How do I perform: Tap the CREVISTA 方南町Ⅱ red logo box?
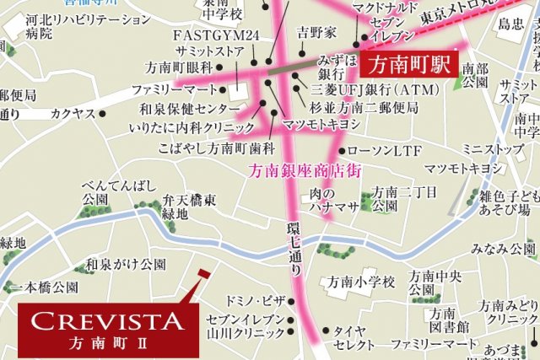107,329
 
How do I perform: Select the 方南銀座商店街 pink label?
306,169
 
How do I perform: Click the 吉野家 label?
317,33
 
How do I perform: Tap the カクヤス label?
72,112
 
